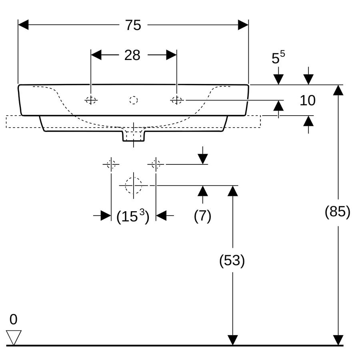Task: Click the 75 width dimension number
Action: tap(133, 25)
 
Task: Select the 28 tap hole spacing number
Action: tap(132, 55)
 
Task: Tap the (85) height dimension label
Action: tap(338, 212)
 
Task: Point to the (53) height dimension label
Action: tap(232, 260)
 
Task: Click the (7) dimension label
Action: tap(202, 216)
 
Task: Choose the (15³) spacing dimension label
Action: tap(133, 216)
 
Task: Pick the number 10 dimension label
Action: tap(308, 100)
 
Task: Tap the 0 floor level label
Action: tap(13, 319)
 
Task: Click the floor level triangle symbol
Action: tap(14, 337)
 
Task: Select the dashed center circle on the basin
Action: tap(133, 100)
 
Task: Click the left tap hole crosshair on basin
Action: tap(91, 100)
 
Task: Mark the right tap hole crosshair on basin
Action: tap(177, 100)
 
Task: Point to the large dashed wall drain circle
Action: tap(133, 185)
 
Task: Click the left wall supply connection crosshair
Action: tap(111, 164)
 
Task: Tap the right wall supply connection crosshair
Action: tap(156, 164)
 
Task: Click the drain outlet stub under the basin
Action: tap(134, 136)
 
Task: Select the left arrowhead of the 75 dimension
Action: tap(23, 25)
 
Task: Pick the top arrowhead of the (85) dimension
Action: tap(338, 90)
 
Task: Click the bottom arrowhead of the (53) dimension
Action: tap(232, 340)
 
